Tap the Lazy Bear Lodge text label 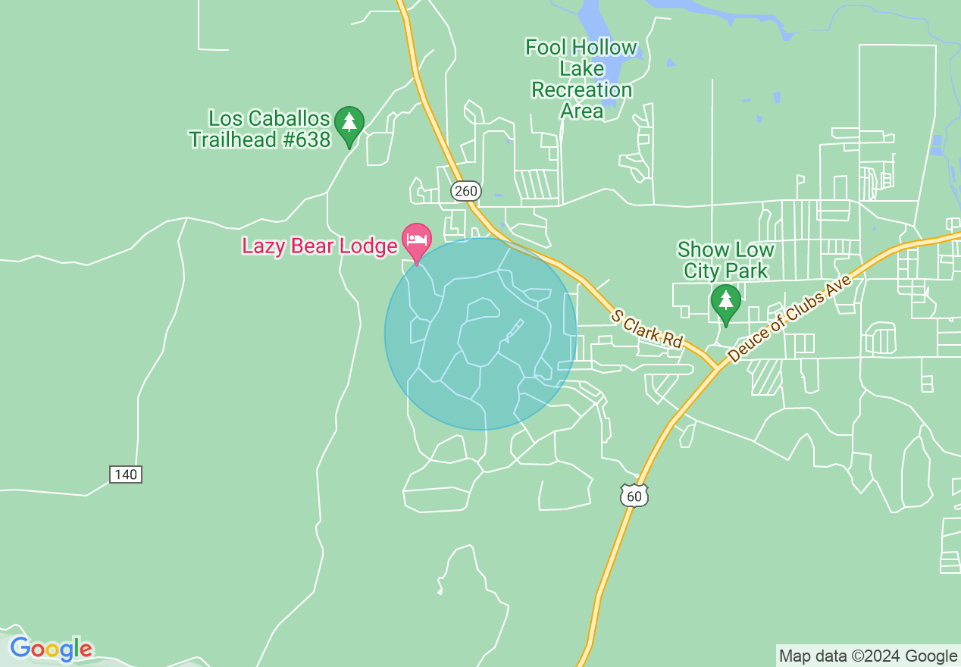(320, 246)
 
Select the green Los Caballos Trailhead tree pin (349, 124)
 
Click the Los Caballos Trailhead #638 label (260, 130)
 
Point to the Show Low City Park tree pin (725, 302)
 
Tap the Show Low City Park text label (726, 260)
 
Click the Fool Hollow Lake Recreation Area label (581, 79)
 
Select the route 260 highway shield (465, 191)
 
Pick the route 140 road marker (126, 474)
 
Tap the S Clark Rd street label (648, 328)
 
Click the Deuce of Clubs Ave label (789, 318)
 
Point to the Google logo (51, 650)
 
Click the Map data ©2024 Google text (869, 656)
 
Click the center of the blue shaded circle (480, 334)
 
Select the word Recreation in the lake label (581, 90)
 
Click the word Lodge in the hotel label (371, 246)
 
